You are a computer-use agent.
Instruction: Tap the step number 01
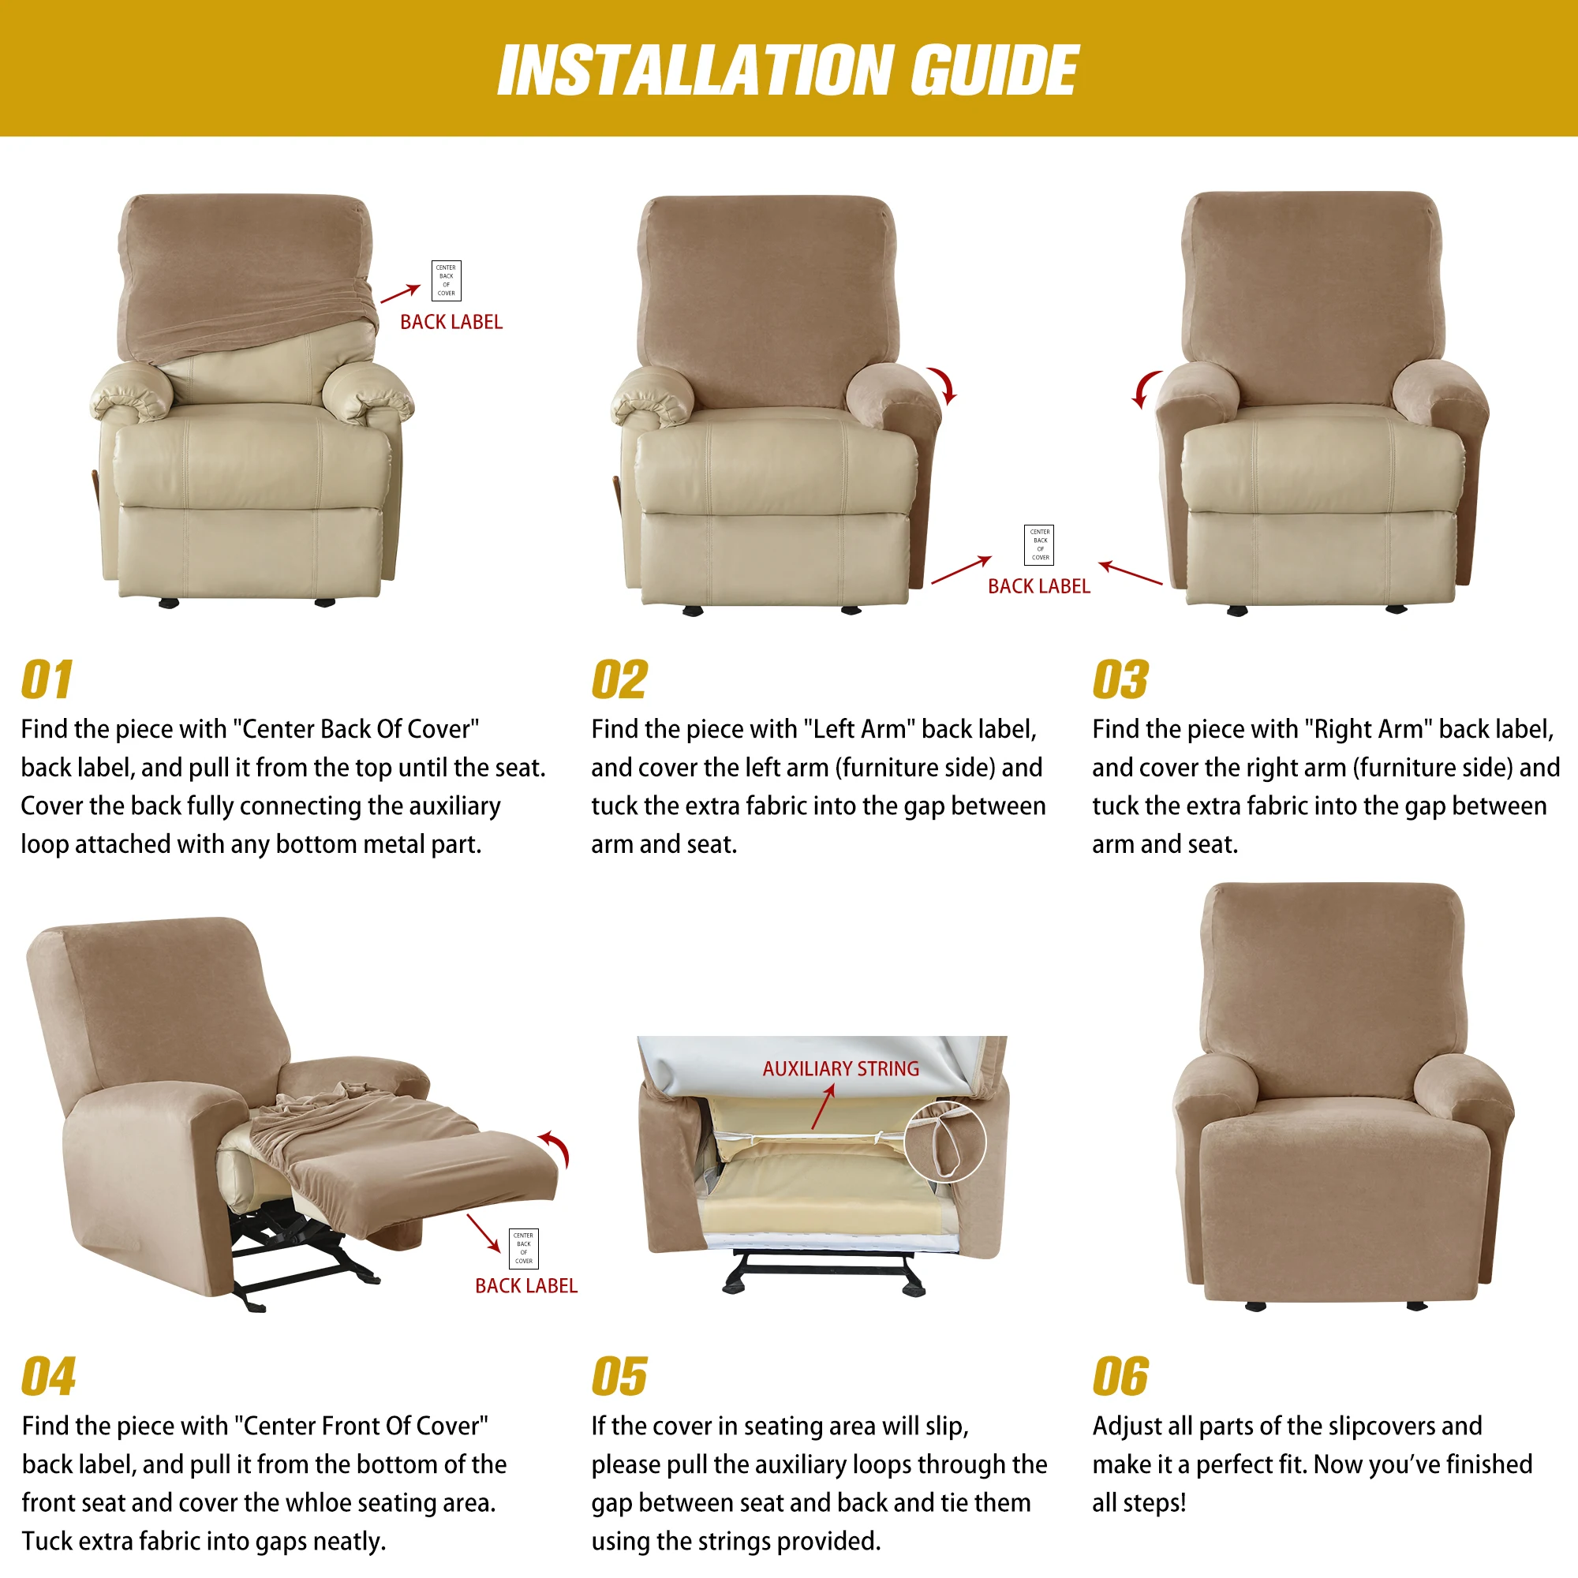(x=47, y=680)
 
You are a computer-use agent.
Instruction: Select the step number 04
(x=48, y=1377)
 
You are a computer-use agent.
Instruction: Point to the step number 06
(x=1120, y=1377)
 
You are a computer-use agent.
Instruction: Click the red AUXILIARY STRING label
(x=840, y=1068)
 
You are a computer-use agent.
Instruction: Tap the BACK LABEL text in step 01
(x=451, y=322)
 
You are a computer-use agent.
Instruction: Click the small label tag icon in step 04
(x=524, y=1248)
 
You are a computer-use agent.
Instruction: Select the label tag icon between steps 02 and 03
(x=1039, y=544)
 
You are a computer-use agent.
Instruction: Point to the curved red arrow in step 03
(x=1146, y=389)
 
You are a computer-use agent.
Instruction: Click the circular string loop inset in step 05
(x=945, y=1141)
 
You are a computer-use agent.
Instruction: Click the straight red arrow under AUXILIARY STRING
(x=822, y=1108)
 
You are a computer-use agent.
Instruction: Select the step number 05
(x=619, y=1377)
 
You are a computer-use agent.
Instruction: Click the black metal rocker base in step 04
(x=302, y=1258)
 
